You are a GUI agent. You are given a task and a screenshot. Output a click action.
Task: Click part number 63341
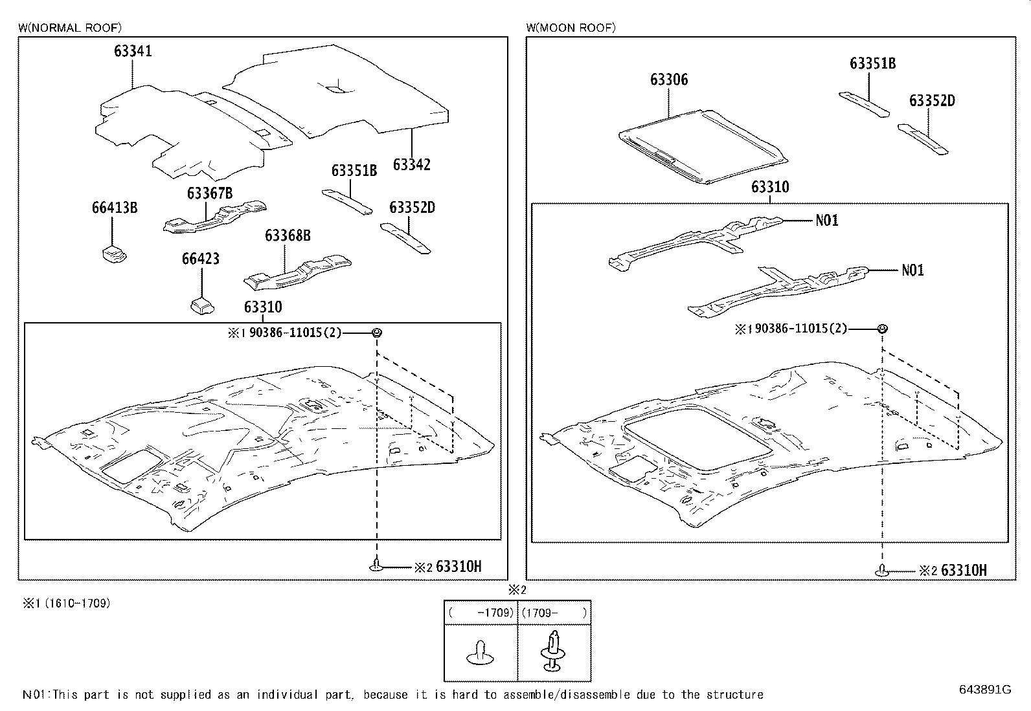[133, 51]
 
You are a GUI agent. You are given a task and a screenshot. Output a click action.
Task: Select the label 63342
[411, 164]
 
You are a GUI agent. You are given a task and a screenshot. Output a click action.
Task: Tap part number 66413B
[114, 208]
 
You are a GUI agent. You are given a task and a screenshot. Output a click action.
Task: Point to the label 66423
[200, 259]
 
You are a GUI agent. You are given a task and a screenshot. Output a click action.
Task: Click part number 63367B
[210, 193]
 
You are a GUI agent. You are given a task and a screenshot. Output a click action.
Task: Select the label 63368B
[288, 235]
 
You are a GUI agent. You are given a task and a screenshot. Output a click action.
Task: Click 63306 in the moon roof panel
[669, 80]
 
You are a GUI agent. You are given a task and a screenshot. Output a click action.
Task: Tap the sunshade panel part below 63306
[703, 148]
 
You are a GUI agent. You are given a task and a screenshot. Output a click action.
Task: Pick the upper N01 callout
[827, 221]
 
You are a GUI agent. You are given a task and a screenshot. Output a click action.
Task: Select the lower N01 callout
[912, 270]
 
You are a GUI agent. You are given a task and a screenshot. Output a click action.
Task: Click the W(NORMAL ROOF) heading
[69, 27]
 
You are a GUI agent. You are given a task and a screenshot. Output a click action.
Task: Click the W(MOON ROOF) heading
[571, 27]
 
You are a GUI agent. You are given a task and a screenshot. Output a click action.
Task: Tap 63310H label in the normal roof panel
[459, 567]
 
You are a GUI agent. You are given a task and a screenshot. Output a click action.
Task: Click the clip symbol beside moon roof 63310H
[881, 571]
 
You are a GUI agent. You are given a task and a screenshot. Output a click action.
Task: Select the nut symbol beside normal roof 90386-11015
[376, 333]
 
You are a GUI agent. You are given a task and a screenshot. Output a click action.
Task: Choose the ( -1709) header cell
[481, 613]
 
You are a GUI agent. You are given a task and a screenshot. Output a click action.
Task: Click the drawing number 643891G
[984, 689]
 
